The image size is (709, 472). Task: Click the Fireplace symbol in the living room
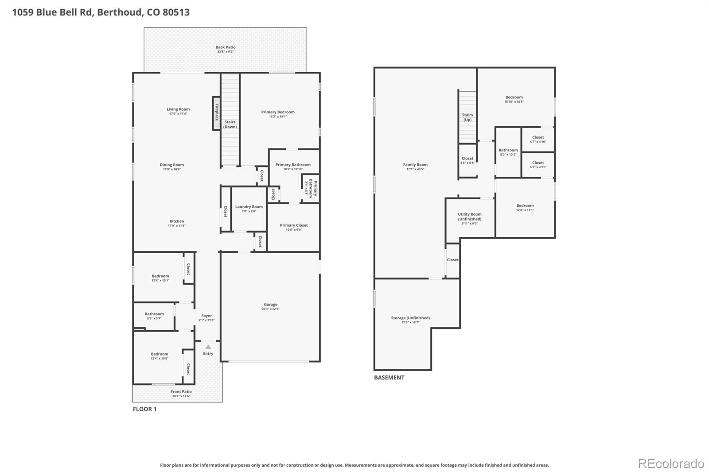[x=216, y=113]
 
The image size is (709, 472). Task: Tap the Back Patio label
[x=226, y=47]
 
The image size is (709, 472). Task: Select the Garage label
[x=270, y=304]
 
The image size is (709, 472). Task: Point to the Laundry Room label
[x=249, y=207]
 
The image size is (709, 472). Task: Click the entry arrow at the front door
[x=208, y=347]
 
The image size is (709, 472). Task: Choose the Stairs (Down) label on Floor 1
[x=230, y=124]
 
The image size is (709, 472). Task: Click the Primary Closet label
[x=294, y=225]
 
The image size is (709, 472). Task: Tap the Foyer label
[x=206, y=316]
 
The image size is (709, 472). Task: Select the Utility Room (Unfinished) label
[x=470, y=217]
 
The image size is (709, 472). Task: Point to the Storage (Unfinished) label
[x=410, y=317]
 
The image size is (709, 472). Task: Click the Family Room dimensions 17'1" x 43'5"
[x=415, y=169]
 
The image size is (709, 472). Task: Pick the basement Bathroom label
[x=508, y=150]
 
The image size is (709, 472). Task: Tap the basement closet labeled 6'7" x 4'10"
[x=538, y=139]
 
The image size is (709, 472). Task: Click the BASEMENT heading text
[x=389, y=378]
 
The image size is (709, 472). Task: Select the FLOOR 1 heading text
[x=144, y=409]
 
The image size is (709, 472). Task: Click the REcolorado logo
[x=671, y=464]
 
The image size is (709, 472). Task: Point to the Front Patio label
[x=181, y=391]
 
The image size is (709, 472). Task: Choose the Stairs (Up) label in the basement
[x=467, y=117]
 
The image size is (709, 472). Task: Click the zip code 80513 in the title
[x=176, y=12]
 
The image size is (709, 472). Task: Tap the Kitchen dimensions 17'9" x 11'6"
[x=176, y=226]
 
